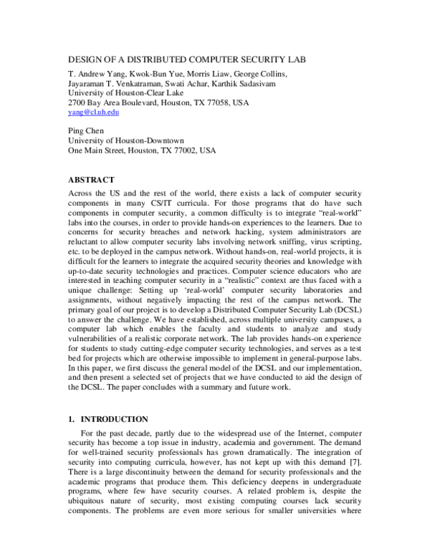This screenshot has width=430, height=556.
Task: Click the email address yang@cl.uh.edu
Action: tap(93, 112)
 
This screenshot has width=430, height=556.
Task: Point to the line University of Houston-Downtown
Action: tap(126, 141)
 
